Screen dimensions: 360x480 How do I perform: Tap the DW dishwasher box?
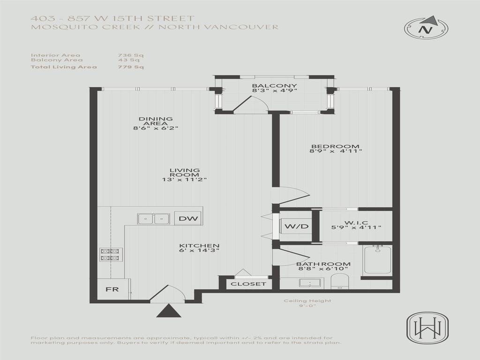coord(187,218)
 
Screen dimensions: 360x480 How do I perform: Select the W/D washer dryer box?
coord(297,227)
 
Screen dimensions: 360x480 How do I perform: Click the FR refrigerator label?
coord(112,289)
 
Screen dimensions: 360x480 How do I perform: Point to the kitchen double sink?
coord(153,219)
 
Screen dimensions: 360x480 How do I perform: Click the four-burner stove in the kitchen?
coord(111,255)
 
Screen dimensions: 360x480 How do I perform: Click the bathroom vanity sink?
coord(309,283)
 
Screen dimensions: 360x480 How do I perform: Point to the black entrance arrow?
coord(168,311)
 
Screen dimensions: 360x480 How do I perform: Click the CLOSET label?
coord(248,284)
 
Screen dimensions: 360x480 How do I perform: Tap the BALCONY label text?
coord(268,86)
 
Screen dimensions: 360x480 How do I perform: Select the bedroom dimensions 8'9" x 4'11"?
coord(336,151)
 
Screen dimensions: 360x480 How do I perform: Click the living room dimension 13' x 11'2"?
coord(185,180)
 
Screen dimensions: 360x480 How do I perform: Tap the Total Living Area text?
coord(64,67)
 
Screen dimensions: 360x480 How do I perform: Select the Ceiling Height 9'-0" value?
coord(307,306)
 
